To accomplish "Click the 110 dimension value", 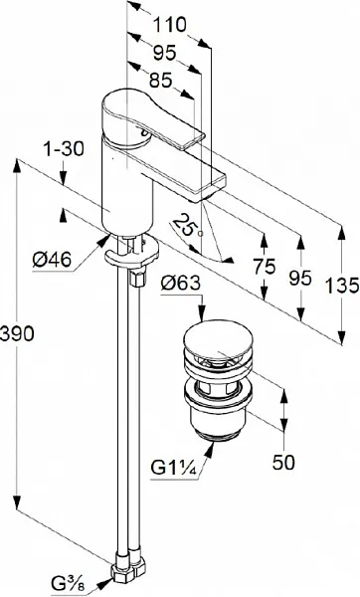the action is click(x=170, y=25).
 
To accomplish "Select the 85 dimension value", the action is click(x=160, y=81).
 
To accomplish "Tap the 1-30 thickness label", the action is click(x=64, y=149).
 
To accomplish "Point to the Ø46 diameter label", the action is click(x=52, y=260).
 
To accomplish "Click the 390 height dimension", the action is click(x=18, y=334).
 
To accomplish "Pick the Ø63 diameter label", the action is click(x=180, y=284).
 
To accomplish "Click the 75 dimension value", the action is click(x=266, y=266).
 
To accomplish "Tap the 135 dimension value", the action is click(x=342, y=286).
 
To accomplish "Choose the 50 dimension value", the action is click(x=283, y=462).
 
